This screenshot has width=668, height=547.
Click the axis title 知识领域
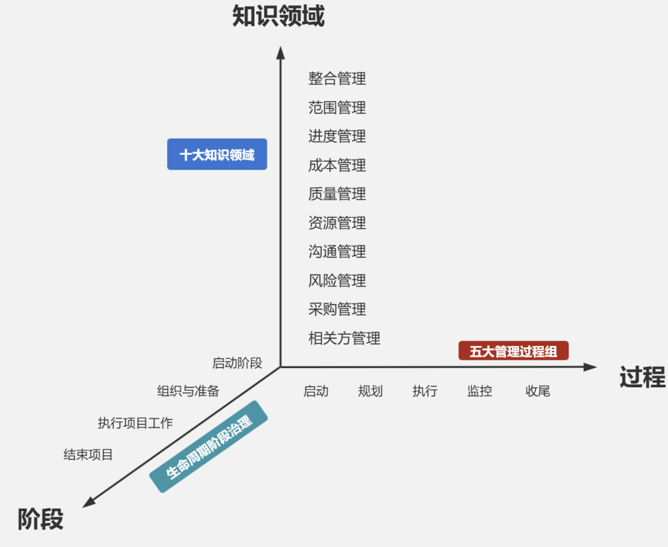pos(278,17)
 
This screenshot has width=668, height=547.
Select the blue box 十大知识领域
pos(217,154)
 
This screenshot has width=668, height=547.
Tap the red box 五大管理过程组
pos(513,351)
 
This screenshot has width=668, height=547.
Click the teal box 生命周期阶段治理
pos(209,447)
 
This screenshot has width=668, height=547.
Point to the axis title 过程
pos(643,377)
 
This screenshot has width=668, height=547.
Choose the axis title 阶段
pos(41,519)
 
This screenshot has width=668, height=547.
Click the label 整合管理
pos(337,79)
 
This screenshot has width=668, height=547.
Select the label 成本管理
pos(337,165)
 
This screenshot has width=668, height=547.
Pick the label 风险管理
pos(337,280)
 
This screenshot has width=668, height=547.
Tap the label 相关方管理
pos(345,338)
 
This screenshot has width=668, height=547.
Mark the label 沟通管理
pos(337,251)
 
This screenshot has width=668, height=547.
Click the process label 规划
pos(370,391)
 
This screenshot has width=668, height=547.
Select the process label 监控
pos(480,391)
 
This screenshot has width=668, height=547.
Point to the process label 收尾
pos(537,391)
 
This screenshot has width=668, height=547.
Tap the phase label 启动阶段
pos(238,363)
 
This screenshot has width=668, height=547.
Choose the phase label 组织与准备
pos(188,391)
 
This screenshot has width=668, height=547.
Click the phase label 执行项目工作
pos(135,423)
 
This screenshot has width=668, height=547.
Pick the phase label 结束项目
pos(88,455)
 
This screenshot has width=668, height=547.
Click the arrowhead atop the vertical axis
pos(280,52)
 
